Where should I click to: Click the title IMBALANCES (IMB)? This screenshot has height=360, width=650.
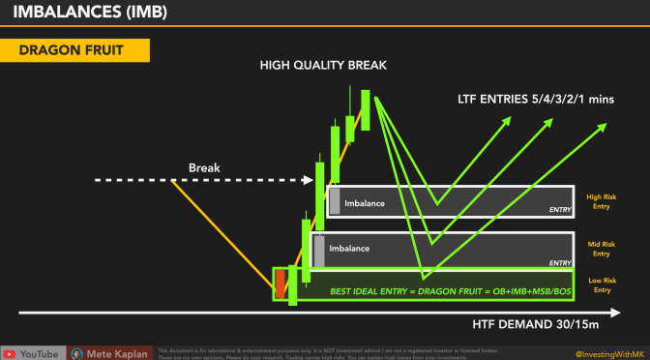point(87,14)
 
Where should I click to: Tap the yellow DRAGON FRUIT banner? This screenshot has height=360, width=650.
point(74,50)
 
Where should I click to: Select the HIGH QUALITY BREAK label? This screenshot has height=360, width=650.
point(323,65)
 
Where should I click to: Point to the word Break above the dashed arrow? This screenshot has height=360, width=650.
point(205,167)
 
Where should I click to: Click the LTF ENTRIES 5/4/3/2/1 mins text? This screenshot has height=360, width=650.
point(537,99)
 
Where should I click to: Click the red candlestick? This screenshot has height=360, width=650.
point(281,284)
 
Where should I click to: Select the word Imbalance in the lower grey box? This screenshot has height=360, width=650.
point(350,248)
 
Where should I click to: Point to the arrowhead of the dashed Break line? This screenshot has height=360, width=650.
point(310,180)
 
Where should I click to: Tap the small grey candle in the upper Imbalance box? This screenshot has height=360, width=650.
point(335,201)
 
